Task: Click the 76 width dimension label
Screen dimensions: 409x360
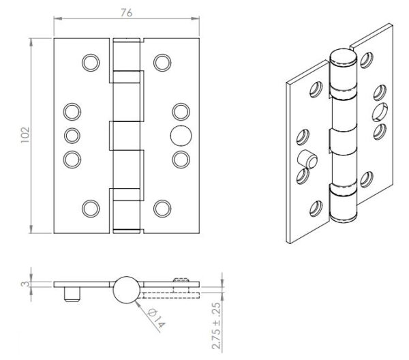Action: (x=127, y=13)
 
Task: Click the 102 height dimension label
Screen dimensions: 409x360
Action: (x=25, y=135)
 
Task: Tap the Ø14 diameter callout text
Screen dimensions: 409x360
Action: (x=156, y=318)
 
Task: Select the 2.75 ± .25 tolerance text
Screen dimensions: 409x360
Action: (x=216, y=326)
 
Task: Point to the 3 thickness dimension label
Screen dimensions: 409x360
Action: (x=25, y=284)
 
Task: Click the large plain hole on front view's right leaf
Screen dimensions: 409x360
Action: (x=181, y=136)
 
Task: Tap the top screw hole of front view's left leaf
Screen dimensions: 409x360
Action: (x=91, y=63)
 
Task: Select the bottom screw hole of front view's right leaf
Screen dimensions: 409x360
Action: (x=162, y=209)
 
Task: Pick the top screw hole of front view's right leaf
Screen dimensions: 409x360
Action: (x=162, y=63)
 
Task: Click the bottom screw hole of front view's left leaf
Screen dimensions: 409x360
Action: (x=91, y=209)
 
